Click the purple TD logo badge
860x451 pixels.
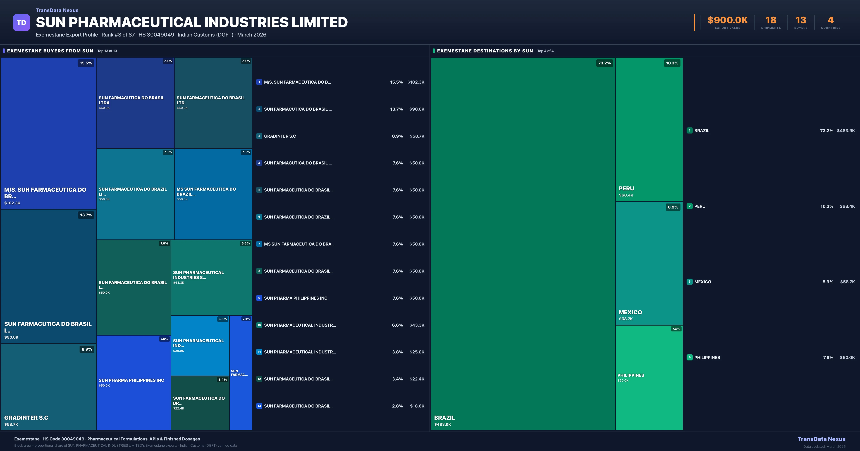21,23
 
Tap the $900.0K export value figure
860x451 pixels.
727,20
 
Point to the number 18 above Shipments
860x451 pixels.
771,20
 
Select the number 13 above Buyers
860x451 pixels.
801,20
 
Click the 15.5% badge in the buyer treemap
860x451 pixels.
86,63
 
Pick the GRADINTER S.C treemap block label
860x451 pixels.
26,418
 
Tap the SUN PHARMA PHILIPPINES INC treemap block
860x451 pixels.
133,383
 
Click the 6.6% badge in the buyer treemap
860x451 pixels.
245,244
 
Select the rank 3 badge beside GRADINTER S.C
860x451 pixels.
259,136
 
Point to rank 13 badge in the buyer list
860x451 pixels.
259,406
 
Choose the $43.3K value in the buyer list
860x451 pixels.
417,325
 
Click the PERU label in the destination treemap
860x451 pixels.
626,188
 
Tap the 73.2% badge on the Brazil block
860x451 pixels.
604,63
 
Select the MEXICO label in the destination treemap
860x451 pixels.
630,312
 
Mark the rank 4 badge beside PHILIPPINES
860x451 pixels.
689,357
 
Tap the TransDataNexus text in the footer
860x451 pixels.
821,439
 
